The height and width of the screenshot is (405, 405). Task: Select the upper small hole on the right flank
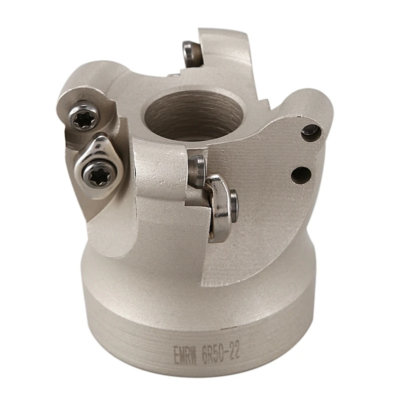tap(310, 131)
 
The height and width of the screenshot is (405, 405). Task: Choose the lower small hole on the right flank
tap(301, 175)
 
